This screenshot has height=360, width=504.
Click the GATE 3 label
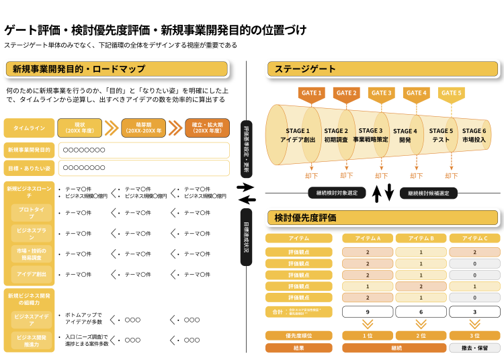pyautogui.click(x=381, y=93)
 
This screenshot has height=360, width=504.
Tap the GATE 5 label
pyautogui.click(x=451, y=93)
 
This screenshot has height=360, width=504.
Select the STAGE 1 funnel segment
pyautogui.click(x=298, y=135)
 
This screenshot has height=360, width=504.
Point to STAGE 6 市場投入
pyautogui.click(x=474, y=135)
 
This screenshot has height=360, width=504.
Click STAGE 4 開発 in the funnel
pyautogui.click(x=405, y=136)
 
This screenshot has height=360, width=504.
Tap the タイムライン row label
pyautogui.click(x=29, y=128)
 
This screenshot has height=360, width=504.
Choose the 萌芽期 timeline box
pyautogui.click(x=143, y=128)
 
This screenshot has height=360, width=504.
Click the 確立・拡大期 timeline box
pyautogui.click(x=207, y=128)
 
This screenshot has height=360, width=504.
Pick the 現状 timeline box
pyautogui.click(x=79, y=128)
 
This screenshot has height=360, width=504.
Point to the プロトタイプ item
pyautogui.click(x=31, y=213)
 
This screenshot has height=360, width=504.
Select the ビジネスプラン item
pyautogui.click(x=31, y=233)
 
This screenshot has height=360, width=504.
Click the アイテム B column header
pyautogui.click(x=421, y=238)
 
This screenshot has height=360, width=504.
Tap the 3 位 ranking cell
pyautogui.click(x=474, y=335)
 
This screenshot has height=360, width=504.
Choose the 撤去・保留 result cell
pyautogui.click(x=474, y=348)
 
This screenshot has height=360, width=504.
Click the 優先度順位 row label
pyautogui.click(x=298, y=335)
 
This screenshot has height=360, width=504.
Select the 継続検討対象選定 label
pyautogui.click(x=337, y=193)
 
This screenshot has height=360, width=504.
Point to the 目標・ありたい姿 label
pyautogui.click(x=29, y=168)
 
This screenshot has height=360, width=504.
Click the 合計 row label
pyautogui.click(x=298, y=312)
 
